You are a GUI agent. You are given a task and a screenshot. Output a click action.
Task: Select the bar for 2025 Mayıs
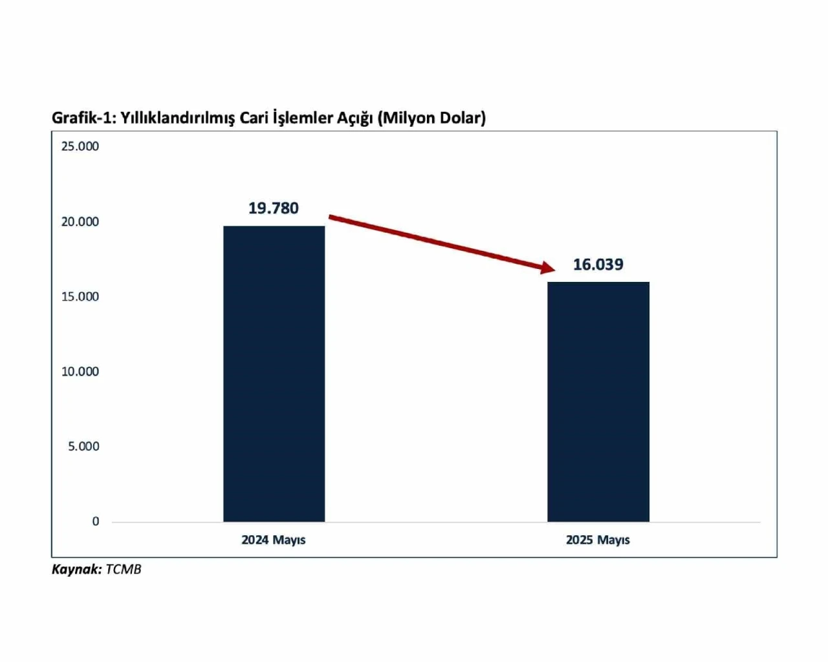(x=598, y=401)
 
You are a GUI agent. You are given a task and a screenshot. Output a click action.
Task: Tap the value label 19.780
(x=274, y=208)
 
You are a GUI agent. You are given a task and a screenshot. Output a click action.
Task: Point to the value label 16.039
(x=598, y=264)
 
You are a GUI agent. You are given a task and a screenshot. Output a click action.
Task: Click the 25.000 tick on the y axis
(x=80, y=147)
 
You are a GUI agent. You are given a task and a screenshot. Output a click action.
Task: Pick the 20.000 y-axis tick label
(x=80, y=222)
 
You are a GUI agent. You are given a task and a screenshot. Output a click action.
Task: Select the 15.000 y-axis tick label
(x=80, y=297)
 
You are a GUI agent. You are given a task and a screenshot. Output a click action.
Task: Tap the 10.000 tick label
(x=80, y=372)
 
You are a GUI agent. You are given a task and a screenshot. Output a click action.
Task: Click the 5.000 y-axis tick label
(x=83, y=447)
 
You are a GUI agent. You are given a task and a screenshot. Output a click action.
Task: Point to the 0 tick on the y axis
(x=96, y=522)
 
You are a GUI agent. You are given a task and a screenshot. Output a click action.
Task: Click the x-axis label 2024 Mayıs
(x=273, y=540)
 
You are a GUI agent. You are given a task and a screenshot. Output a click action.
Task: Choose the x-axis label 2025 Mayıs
(x=598, y=540)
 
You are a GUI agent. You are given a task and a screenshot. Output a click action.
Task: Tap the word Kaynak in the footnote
(x=76, y=570)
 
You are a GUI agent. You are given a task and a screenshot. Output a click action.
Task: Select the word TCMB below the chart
(x=123, y=570)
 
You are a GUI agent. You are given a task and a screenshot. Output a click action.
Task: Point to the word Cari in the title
(x=253, y=118)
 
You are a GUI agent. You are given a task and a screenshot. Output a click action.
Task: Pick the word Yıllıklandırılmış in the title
(x=177, y=118)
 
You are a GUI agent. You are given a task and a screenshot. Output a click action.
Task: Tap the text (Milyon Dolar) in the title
(x=431, y=118)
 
